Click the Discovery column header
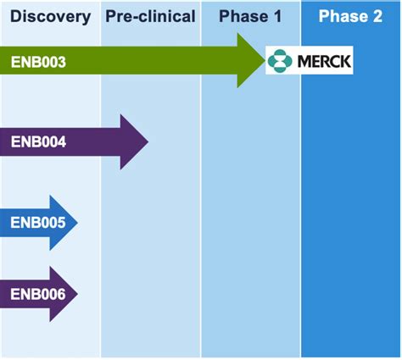point(51,16)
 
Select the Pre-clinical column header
point(150,16)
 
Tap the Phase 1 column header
point(250,16)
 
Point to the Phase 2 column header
point(350,16)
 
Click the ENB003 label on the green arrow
point(38,62)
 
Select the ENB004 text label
point(38,141)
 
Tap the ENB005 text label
point(38,223)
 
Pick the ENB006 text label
point(38,294)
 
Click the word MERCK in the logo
point(324,61)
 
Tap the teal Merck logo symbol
point(280,61)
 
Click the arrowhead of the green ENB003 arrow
point(251,60)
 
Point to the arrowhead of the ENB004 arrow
point(134,141)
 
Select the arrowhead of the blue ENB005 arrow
point(64,223)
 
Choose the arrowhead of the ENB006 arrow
point(64,294)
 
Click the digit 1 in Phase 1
point(277,16)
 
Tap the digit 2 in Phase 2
point(377,16)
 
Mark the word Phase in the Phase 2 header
point(343,16)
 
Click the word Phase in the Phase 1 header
point(243,16)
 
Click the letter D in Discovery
point(16,16)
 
